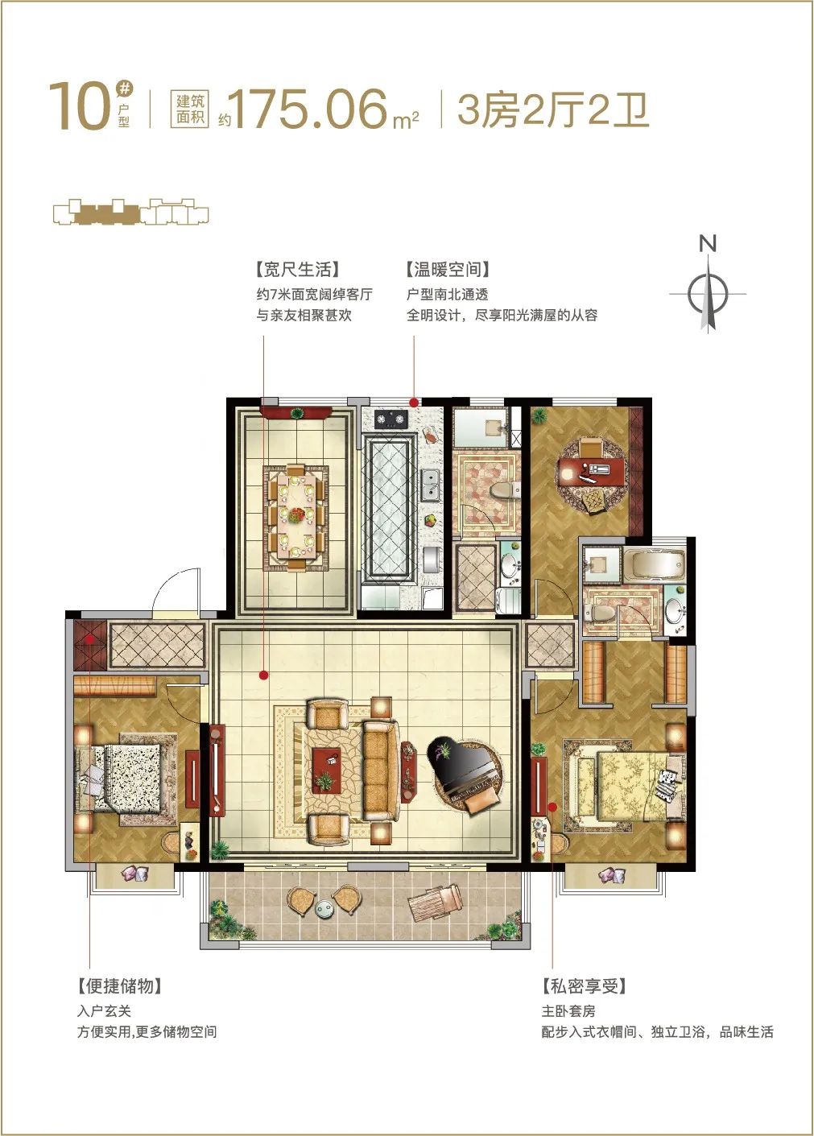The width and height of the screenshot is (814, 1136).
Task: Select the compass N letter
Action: tap(708, 244)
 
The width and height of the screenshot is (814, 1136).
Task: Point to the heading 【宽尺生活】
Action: tap(297, 269)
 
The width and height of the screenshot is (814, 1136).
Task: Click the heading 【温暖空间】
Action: tap(448, 269)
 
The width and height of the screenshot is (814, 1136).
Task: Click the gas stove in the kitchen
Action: tap(391, 419)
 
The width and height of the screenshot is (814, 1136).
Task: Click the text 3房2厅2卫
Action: tap(553, 109)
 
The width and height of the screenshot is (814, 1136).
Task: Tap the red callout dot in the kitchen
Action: tap(414, 403)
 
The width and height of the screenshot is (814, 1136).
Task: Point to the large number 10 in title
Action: tap(80, 108)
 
